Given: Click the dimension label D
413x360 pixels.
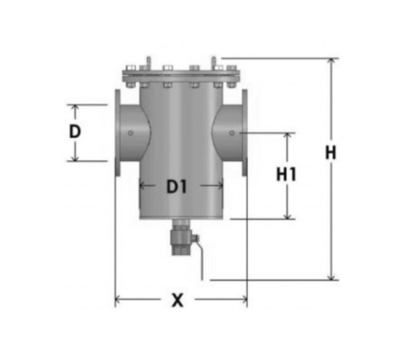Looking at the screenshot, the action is click(x=75, y=131).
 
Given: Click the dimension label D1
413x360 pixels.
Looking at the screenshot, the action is click(x=177, y=187).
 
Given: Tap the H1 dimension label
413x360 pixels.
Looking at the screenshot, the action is click(x=286, y=174).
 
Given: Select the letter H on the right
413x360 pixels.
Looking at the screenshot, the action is click(x=331, y=152).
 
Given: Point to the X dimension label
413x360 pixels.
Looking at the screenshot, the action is click(x=178, y=300).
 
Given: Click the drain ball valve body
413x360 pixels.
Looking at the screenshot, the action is click(x=180, y=238).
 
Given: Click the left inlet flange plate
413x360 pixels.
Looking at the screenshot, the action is click(x=117, y=132).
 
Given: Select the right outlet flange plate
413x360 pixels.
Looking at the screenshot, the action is click(x=245, y=132).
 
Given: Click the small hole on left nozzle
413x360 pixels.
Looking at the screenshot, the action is click(x=131, y=133).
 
